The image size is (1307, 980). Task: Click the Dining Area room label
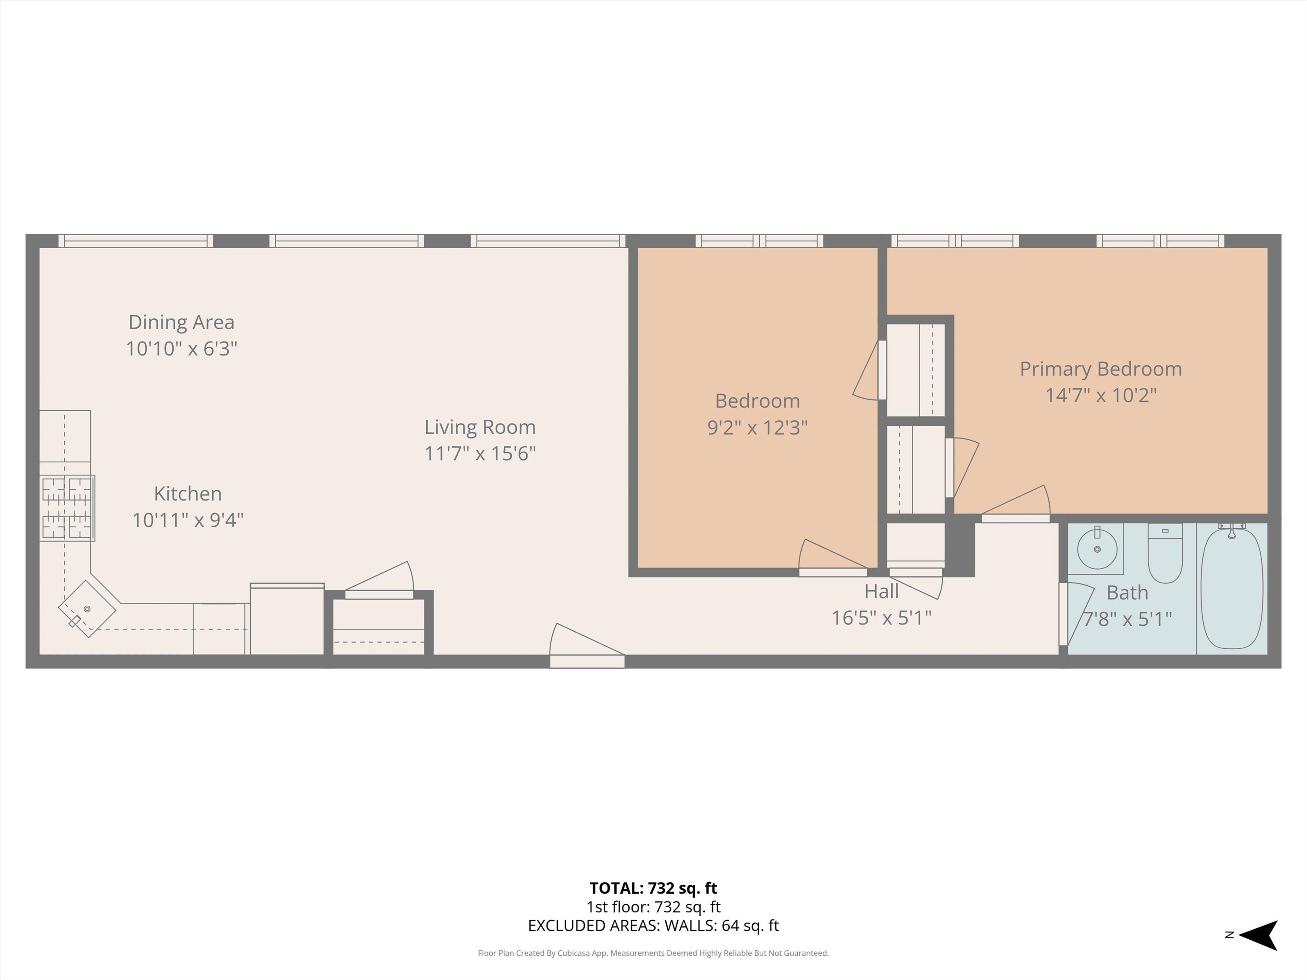coord(181,322)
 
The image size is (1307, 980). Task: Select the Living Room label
coord(480,427)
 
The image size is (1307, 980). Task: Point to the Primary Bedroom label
coord(1100,369)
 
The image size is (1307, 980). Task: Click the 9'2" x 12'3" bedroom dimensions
coord(757,427)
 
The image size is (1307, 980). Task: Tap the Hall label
coord(881,591)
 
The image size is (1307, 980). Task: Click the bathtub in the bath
coord(1232,588)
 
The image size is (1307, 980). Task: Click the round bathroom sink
coord(1097,549)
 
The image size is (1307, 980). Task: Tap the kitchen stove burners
coord(67,508)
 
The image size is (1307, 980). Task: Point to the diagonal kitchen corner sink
coord(87,608)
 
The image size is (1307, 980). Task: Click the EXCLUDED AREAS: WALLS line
coord(653,926)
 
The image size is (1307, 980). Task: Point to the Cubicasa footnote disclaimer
coord(653,953)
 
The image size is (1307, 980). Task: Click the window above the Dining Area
coord(135,240)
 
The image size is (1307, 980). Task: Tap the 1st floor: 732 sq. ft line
coord(653,907)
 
